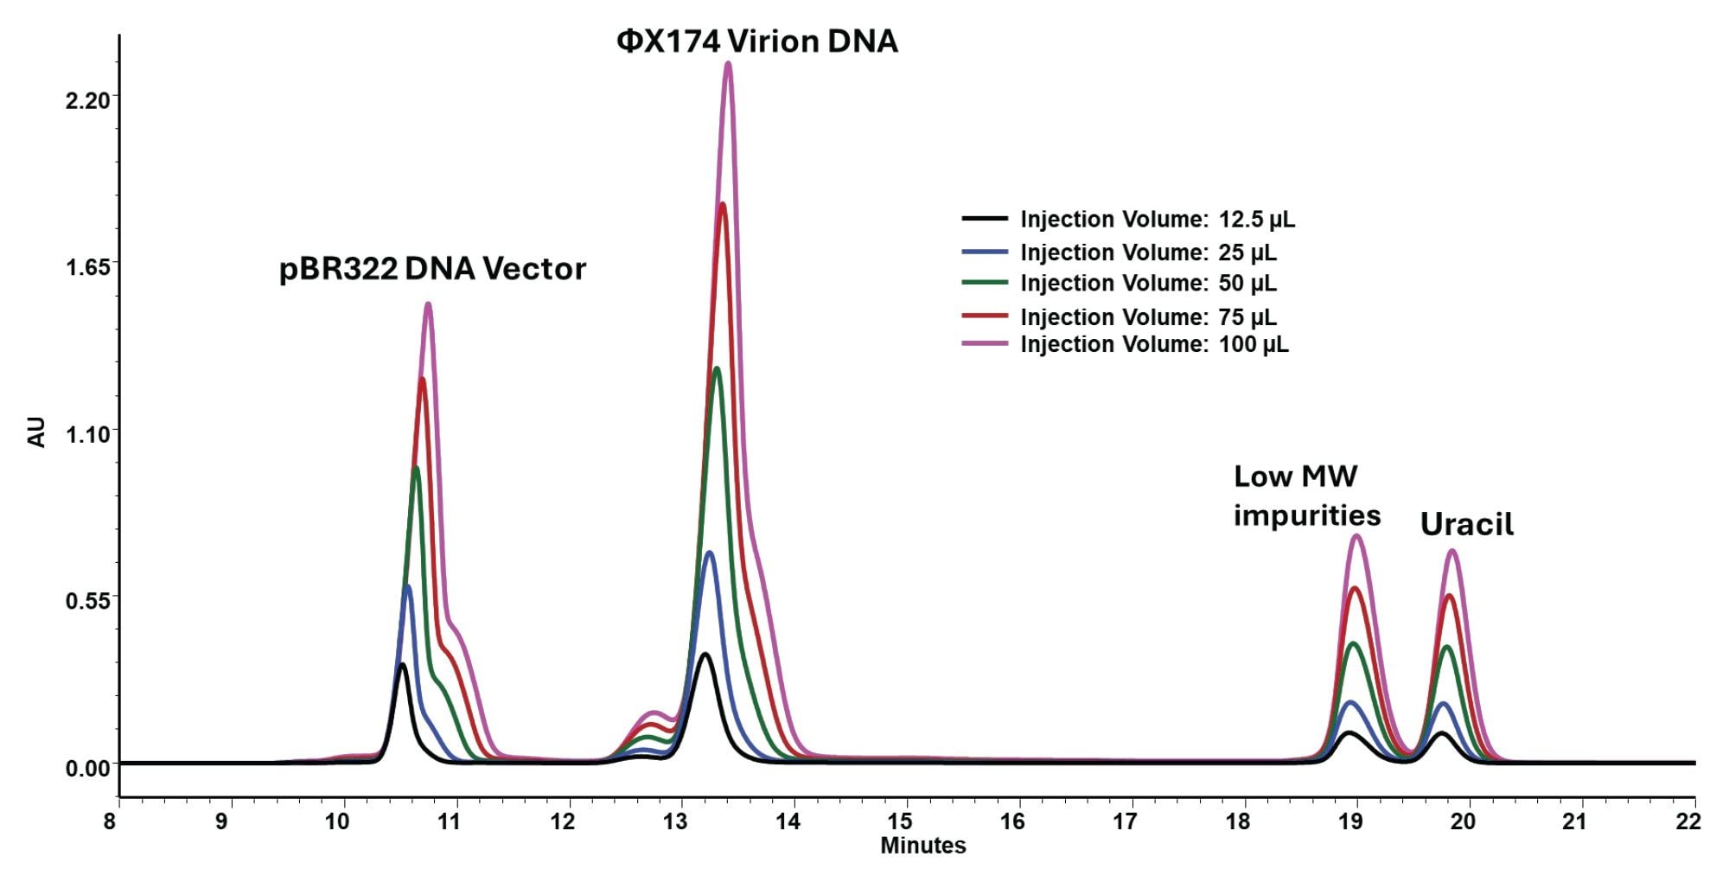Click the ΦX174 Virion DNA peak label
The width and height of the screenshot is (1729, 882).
point(756,42)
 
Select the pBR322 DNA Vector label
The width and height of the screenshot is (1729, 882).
point(432,269)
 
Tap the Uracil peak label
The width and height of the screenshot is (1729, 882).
point(1466,525)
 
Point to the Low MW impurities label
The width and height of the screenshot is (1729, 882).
point(1306,495)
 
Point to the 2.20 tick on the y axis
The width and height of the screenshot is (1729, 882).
point(88,101)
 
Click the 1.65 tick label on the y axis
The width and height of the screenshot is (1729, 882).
point(88,267)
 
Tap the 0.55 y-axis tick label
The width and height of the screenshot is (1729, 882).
point(88,600)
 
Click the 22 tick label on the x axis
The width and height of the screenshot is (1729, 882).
point(1688,821)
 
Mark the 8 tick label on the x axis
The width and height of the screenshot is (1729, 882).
point(110,821)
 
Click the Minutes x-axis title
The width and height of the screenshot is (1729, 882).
point(922,846)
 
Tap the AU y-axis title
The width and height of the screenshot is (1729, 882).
point(37,431)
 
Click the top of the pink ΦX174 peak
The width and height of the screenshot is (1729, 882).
point(728,62)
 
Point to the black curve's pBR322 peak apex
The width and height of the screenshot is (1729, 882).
point(402,664)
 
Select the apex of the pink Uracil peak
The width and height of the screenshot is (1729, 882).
point(1452,550)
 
